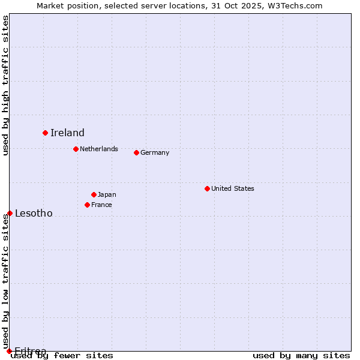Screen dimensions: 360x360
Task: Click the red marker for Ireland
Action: click(45, 133)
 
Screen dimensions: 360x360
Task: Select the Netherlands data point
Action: click(76, 149)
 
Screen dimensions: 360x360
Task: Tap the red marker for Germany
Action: click(136, 152)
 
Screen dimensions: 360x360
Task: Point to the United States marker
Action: click(207, 188)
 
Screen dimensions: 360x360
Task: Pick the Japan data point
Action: click(94, 194)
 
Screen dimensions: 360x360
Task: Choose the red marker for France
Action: click(87, 205)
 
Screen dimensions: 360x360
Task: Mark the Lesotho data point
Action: click(10, 213)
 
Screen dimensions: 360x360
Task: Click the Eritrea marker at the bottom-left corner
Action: click(9, 351)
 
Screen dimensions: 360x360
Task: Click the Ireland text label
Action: click(67, 133)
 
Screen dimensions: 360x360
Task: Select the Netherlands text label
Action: click(99, 149)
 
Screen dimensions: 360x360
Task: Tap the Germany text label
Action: click(155, 152)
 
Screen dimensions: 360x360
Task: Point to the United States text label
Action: click(233, 188)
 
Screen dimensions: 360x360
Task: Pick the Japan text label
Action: click(107, 194)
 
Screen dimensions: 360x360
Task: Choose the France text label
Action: click(101, 205)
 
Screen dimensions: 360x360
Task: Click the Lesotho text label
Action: click(34, 214)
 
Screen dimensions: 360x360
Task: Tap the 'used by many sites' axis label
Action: click(301, 355)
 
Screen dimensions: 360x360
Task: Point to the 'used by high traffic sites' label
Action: click(5, 85)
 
